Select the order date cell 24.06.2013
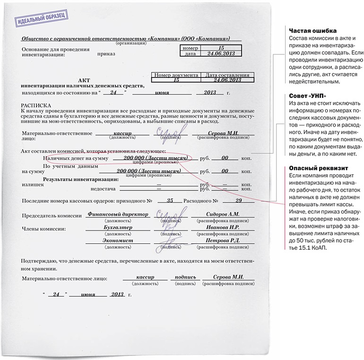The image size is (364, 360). (221, 54)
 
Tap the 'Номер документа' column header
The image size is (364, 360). (176, 75)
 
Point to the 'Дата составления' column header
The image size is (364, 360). (225, 75)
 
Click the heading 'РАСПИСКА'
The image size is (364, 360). (36, 104)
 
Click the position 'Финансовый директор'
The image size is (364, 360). (118, 214)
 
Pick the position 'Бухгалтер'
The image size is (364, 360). (118, 227)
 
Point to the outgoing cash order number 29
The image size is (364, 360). (238, 200)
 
